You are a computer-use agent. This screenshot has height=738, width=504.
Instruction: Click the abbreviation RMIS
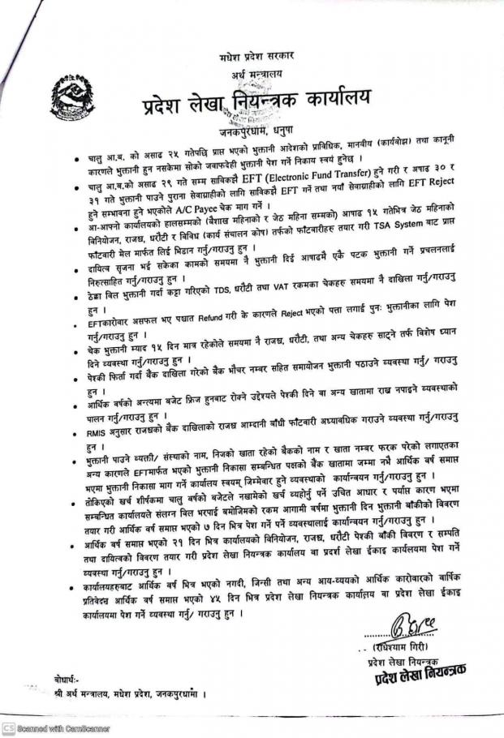[107, 436]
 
